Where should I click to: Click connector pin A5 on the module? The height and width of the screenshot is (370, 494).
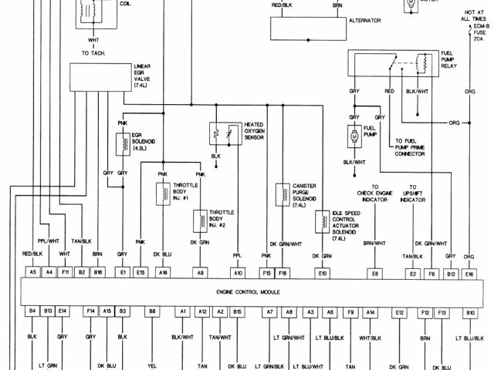coord(33,272)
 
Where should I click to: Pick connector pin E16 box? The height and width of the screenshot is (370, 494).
coord(469,272)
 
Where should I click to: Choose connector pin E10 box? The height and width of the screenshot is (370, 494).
coord(322,272)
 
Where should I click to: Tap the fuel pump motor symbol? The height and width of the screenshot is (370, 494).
coord(353,136)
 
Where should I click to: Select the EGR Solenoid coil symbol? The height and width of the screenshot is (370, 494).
coord(122,143)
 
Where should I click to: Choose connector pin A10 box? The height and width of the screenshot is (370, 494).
coord(238,272)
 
